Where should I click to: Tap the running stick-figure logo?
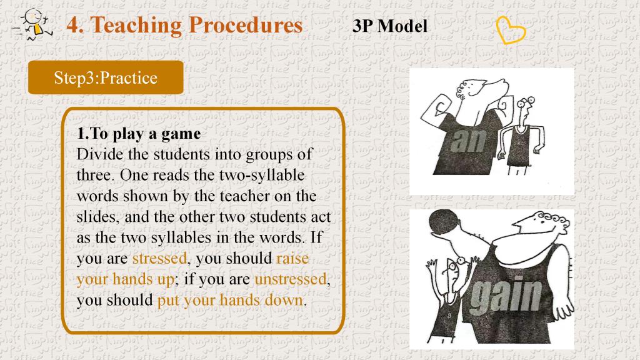click(x=32, y=24)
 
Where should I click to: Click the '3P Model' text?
click(x=390, y=26)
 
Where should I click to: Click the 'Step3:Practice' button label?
click(x=106, y=77)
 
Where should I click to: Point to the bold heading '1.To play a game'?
click(x=139, y=134)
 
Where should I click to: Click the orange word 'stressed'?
click(x=159, y=258)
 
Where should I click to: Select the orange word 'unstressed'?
click(x=291, y=279)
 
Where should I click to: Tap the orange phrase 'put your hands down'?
click(x=231, y=300)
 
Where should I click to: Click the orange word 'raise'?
click(x=292, y=258)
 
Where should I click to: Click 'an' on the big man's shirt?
click(x=469, y=141)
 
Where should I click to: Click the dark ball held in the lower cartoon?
click(x=444, y=224)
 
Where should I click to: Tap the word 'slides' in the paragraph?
click(x=96, y=217)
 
